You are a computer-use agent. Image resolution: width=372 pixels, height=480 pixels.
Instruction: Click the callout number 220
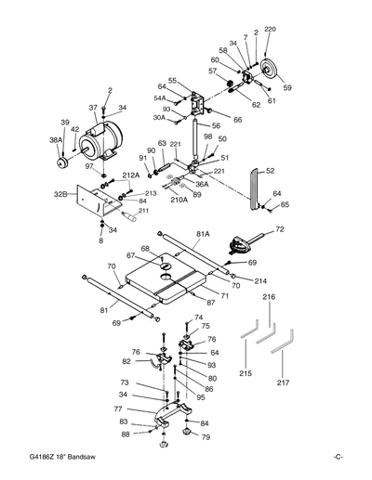coord(271,31)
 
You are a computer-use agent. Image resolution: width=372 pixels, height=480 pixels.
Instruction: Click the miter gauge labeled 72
coord(244,244)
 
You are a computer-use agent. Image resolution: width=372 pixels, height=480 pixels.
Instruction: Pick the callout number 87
coord(211,303)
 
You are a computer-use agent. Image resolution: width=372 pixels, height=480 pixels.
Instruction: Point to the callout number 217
coord(283,382)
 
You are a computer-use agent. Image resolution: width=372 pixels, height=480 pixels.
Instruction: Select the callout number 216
coord(268,296)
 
